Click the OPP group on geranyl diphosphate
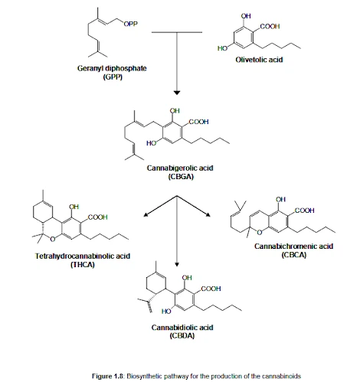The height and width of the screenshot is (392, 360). pos(131,24)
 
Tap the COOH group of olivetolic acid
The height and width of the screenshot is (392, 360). pos(270,26)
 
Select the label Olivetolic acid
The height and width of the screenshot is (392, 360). pos(259,60)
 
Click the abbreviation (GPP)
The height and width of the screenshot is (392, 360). pos(113,77)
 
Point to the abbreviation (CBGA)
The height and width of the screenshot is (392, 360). pos(181,177)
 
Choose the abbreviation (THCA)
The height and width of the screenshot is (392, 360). pos(83,264)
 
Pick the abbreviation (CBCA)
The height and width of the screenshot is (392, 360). pos(294,255)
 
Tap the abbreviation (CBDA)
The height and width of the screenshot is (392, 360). pos(182,335)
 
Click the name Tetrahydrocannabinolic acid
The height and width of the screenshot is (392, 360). pos(83,256)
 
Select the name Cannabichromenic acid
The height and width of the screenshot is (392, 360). pos(293,247)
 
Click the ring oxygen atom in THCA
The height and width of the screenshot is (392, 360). pos(53,239)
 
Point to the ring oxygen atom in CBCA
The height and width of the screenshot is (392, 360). pos(260,232)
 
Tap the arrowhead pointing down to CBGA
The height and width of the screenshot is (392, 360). pos(177,93)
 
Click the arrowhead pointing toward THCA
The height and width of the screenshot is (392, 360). pos(146,214)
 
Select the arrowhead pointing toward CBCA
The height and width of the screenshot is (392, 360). pos(208,214)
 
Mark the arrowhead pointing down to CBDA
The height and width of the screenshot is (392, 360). pos(177,264)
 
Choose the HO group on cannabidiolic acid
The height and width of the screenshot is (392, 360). pos(166,312)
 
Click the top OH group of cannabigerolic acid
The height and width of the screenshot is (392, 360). pos(175,110)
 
